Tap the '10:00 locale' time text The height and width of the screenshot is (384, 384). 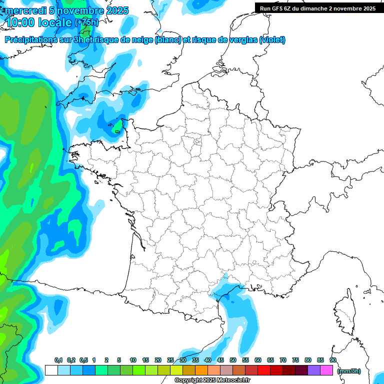click(x=38, y=22)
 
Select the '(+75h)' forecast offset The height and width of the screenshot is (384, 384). click(x=86, y=22)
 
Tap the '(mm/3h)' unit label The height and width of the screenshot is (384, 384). click(x=349, y=370)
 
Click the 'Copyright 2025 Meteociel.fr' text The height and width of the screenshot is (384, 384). click(x=212, y=380)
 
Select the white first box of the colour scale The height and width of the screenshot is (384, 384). click(x=51, y=370)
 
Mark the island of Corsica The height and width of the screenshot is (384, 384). click(x=344, y=312)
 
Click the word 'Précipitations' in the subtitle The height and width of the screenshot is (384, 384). click(x=31, y=40)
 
